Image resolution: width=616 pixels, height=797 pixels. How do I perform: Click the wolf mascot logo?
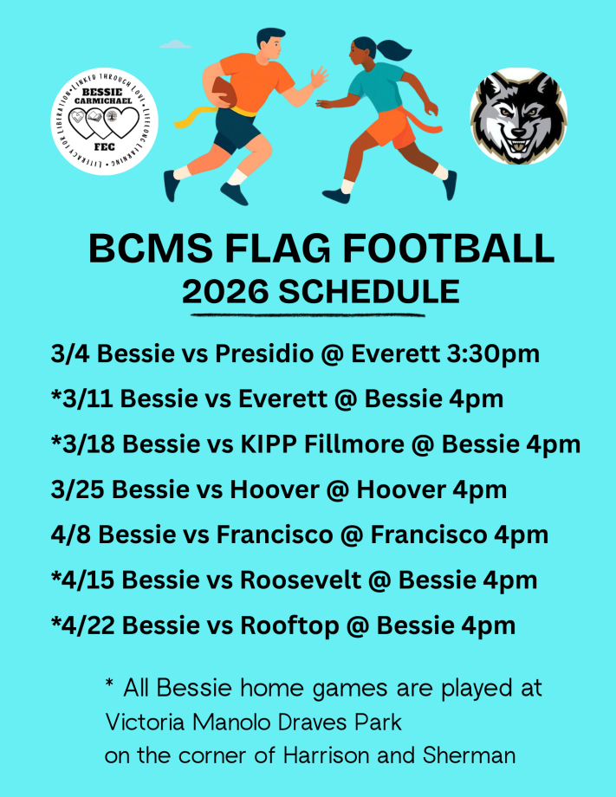pyautogui.click(x=518, y=117)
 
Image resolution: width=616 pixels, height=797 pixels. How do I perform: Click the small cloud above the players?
pyautogui.click(x=176, y=43)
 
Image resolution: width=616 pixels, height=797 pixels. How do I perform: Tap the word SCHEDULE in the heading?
pyautogui.click(x=369, y=292)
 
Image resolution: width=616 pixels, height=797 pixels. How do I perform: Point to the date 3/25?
pyautogui.click(x=78, y=489)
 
